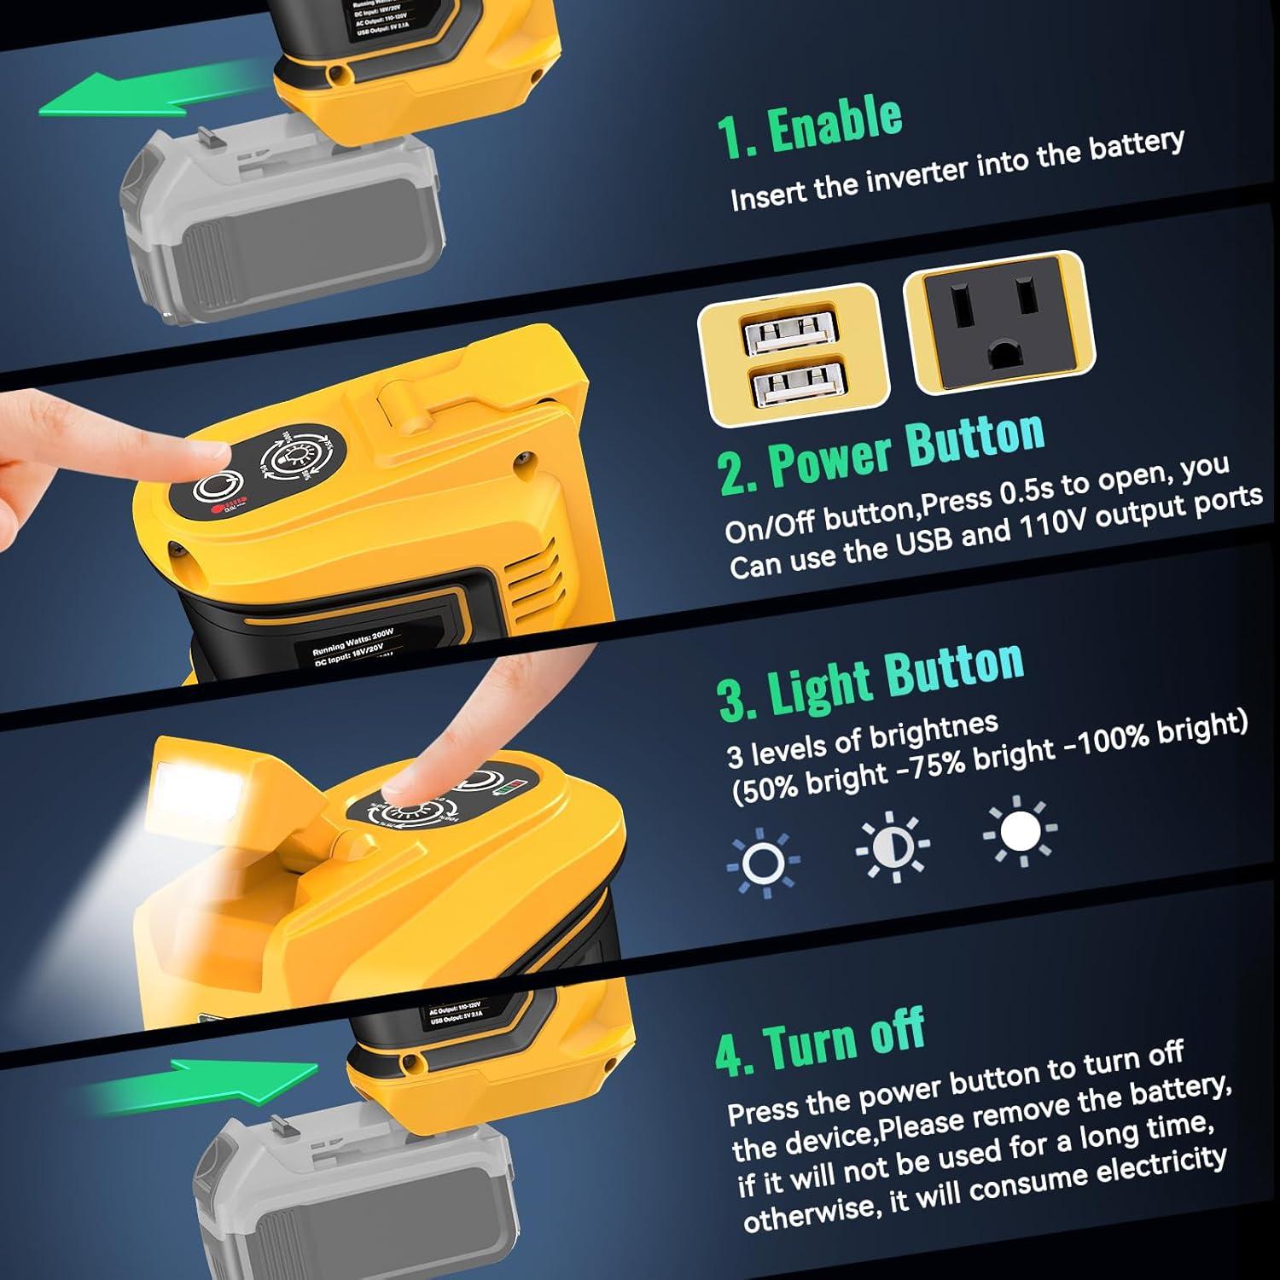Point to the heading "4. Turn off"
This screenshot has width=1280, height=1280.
(x=819, y=1041)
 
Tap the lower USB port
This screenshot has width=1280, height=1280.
(x=794, y=385)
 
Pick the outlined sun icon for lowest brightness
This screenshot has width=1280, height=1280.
(x=763, y=863)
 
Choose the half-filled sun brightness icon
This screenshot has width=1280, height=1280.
(x=892, y=846)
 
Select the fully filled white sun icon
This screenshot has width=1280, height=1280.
(x=1020, y=831)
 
